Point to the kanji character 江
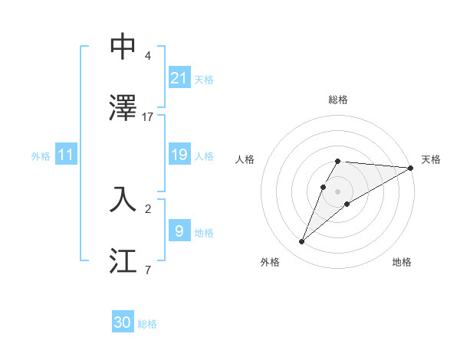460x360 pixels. click(x=123, y=260)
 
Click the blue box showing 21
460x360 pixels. click(x=179, y=77)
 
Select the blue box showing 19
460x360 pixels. click(x=179, y=155)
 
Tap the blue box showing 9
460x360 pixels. click(x=179, y=231)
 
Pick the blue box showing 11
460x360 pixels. click(x=66, y=155)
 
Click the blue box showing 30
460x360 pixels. click(x=123, y=322)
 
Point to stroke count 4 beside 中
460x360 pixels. click(x=147, y=56)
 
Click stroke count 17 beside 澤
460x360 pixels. click(x=148, y=117)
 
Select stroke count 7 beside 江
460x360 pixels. click(x=147, y=270)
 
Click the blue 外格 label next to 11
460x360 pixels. click(x=41, y=156)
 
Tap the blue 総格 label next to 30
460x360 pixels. click(x=147, y=323)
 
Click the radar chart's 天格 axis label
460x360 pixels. click(x=431, y=159)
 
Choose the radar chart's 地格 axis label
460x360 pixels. click(x=402, y=262)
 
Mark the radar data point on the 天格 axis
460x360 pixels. click(x=411, y=168)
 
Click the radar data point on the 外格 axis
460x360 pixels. click(x=302, y=242)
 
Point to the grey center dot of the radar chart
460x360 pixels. click(x=338, y=191)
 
